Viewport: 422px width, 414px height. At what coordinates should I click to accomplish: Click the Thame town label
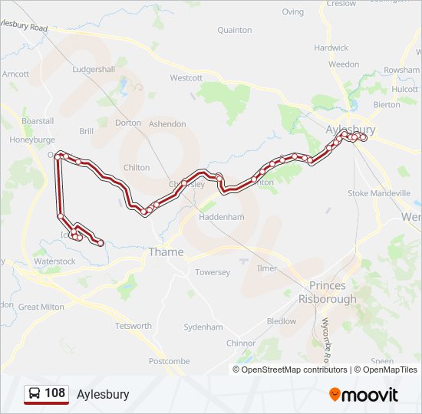point(166,252)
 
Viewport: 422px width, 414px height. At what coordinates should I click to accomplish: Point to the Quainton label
point(235,31)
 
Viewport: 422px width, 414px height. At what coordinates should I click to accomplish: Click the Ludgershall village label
point(93,70)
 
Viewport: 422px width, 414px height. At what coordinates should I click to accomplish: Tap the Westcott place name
point(186,78)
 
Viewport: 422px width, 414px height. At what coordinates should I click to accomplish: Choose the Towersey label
point(213,272)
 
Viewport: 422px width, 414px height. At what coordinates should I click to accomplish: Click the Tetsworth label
point(133,326)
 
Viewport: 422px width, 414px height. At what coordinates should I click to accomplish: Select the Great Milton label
point(41,307)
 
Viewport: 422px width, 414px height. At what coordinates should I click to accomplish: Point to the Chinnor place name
point(241,343)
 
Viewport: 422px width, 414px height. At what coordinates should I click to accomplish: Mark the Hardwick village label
point(331,48)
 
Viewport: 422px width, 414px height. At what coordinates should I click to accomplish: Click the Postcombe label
point(169,361)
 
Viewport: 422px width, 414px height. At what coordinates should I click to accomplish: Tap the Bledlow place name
point(281,321)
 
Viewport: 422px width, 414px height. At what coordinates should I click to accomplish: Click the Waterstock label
point(55,261)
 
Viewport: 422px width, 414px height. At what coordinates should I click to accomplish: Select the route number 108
point(55,393)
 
